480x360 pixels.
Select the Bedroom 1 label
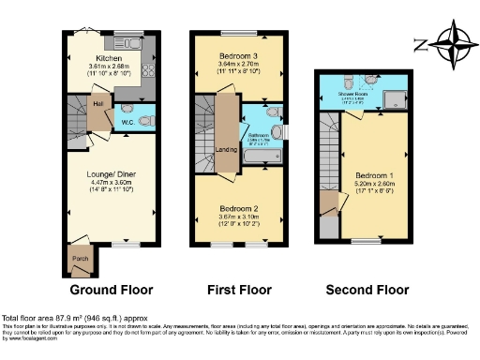374,175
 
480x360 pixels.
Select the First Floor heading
240,290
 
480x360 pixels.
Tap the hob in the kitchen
147,70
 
